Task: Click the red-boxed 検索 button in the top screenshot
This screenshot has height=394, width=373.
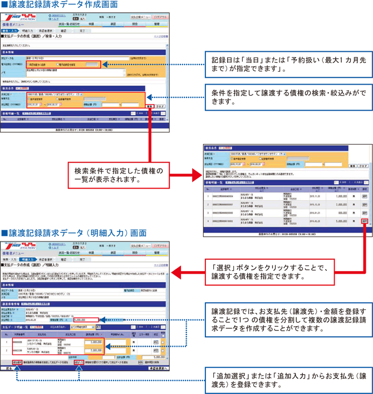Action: click(149, 106)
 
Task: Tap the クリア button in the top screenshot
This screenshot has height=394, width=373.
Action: click(160, 106)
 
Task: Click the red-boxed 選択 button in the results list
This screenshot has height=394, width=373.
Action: click(364, 220)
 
